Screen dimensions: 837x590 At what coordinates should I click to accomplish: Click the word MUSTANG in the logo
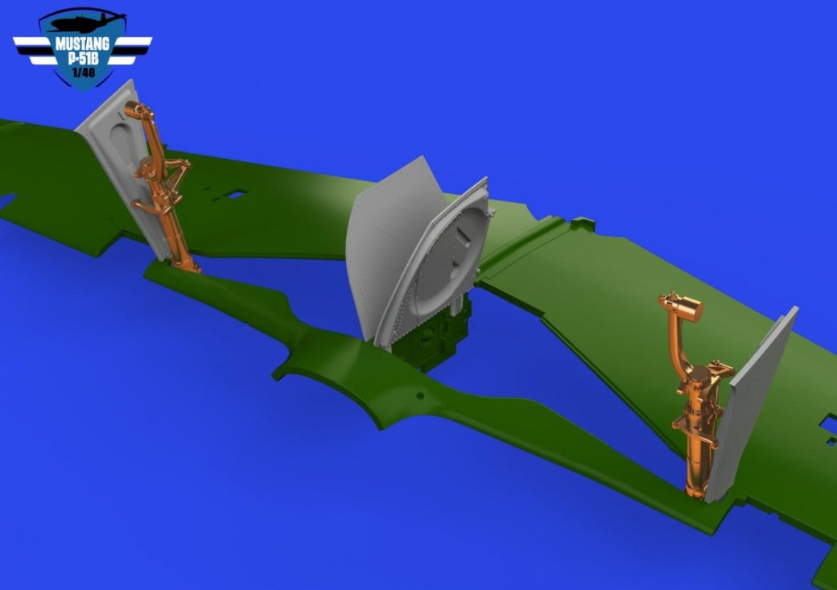coord(82,43)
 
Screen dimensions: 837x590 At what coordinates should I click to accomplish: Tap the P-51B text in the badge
coord(83,58)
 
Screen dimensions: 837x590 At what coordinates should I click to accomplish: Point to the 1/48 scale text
coord(83,72)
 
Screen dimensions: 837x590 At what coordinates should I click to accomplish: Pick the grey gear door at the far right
coord(752,406)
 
